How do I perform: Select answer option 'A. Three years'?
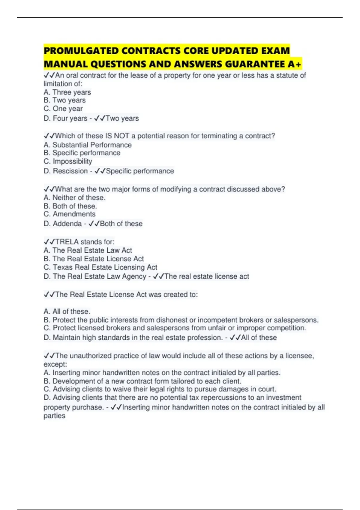pyautogui.click(x=67, y=92)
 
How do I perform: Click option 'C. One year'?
pyautogui.click(x=63, y=109)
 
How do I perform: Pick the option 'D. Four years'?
pyautogui.click(x=65, y=118)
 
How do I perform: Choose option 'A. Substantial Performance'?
pyautogui.click(x=88, y=145)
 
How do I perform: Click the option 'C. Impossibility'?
pyautogui.click(x=68, y=161)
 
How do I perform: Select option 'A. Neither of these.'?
pyautogui.click(x=74, y=198)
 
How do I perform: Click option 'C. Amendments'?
pyautogui.click(x=69, y=214)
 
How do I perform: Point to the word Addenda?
pyautogui.click(x=67, y=224)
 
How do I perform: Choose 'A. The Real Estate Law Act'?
pyautogui.click(x=88, y=250)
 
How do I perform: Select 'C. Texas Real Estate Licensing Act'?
pyautogui.click(x=100, y=267)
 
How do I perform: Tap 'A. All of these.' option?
pyautogui.click(x=67, y=312)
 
